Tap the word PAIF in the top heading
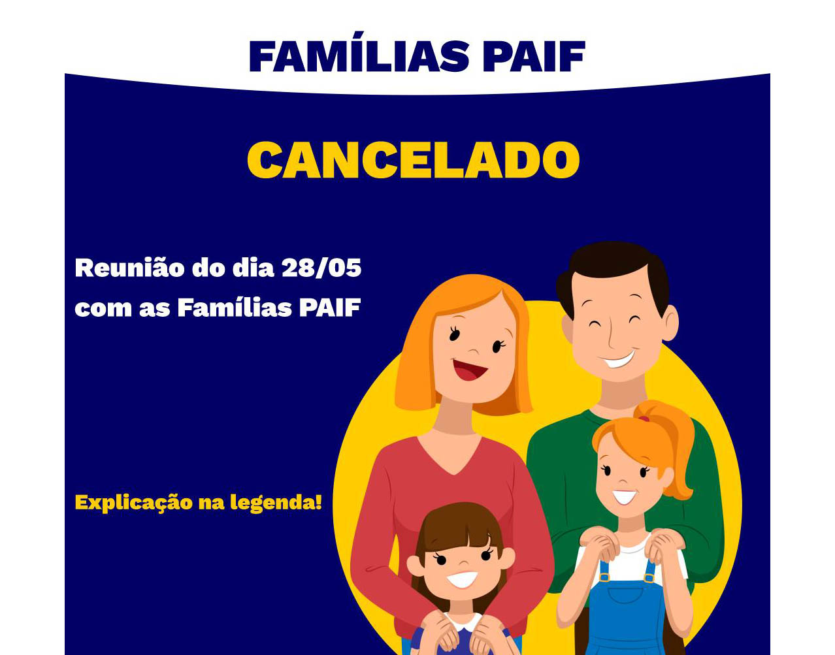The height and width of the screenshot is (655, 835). click(534, 56)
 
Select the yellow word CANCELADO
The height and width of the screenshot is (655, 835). click(413, 160)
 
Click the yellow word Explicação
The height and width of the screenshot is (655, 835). click(134, 503)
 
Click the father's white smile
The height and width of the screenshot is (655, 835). click(618, 360)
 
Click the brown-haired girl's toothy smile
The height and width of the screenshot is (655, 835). click(462, 579)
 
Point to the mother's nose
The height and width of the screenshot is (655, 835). click(474, 349)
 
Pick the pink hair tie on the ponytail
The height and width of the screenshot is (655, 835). click(644, 418)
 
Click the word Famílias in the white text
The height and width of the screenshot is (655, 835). click(235, 308)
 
